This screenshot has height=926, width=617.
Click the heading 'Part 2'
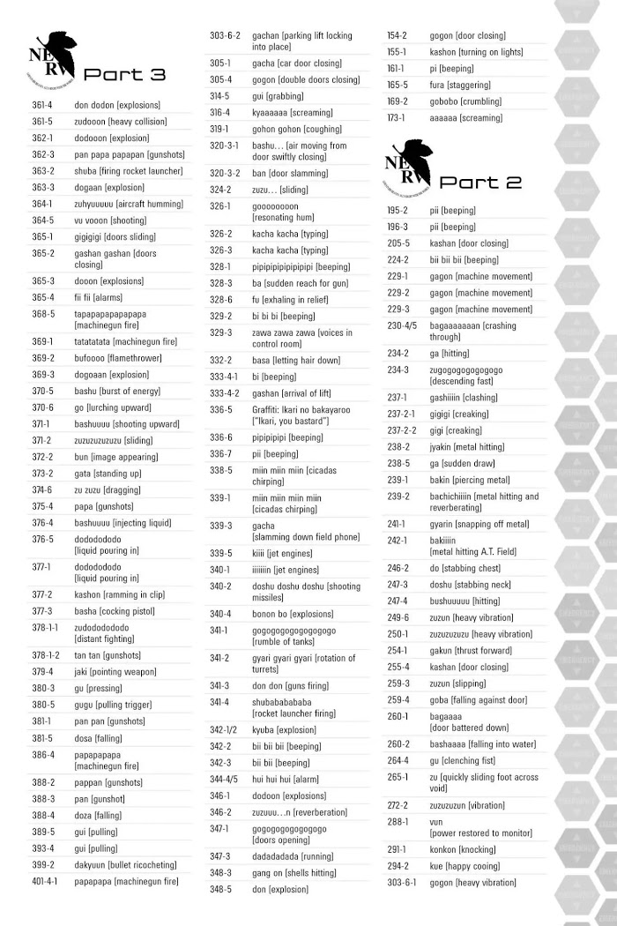pyautogui.click(x=480, y=183)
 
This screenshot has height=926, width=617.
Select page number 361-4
pyautogui.click(x=43, y=105)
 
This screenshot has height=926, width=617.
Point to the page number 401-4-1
pyautogui.click(x=45, y=881)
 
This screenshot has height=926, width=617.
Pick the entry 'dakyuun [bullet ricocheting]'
pyautogui.click(x=125, y=865)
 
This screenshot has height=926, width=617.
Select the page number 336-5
pyautogui.click(x=221, y=409)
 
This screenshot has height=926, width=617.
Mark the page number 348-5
pyautogui.click(x=221, y=889)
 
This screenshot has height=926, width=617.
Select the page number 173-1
pyautogui.click(x=396, y=117)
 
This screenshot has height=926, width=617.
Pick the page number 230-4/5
pyautogui.click(x=401, y=325)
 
